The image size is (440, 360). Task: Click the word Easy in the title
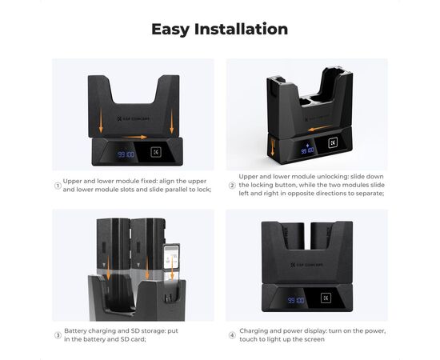(x=170, y=30)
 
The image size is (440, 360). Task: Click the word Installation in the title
(x=241, y=29)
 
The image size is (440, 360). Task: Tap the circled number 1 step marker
(x=58, y=186)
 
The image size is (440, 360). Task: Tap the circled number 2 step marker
(x=232, y=186)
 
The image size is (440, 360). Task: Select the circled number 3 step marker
(x=58, y=335)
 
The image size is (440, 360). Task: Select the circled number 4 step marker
(x=232, y=335)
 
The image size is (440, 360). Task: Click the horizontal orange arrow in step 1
(x=134, y=138)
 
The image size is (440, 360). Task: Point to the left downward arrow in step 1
(x=101, y=121)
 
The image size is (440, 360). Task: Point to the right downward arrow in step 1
(x=172, y=122)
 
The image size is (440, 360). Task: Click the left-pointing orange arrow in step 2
(x=320, y=129)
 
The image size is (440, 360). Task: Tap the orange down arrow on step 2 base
(x=272, y=147)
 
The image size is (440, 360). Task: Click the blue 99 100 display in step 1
(x=126, y=154)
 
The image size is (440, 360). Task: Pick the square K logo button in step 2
(x=333, y=143)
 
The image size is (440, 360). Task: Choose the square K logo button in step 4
(x=326, y=298)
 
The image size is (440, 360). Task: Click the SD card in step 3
(x=171, y=258)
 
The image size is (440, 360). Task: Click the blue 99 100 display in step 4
(x=296, y=301)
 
